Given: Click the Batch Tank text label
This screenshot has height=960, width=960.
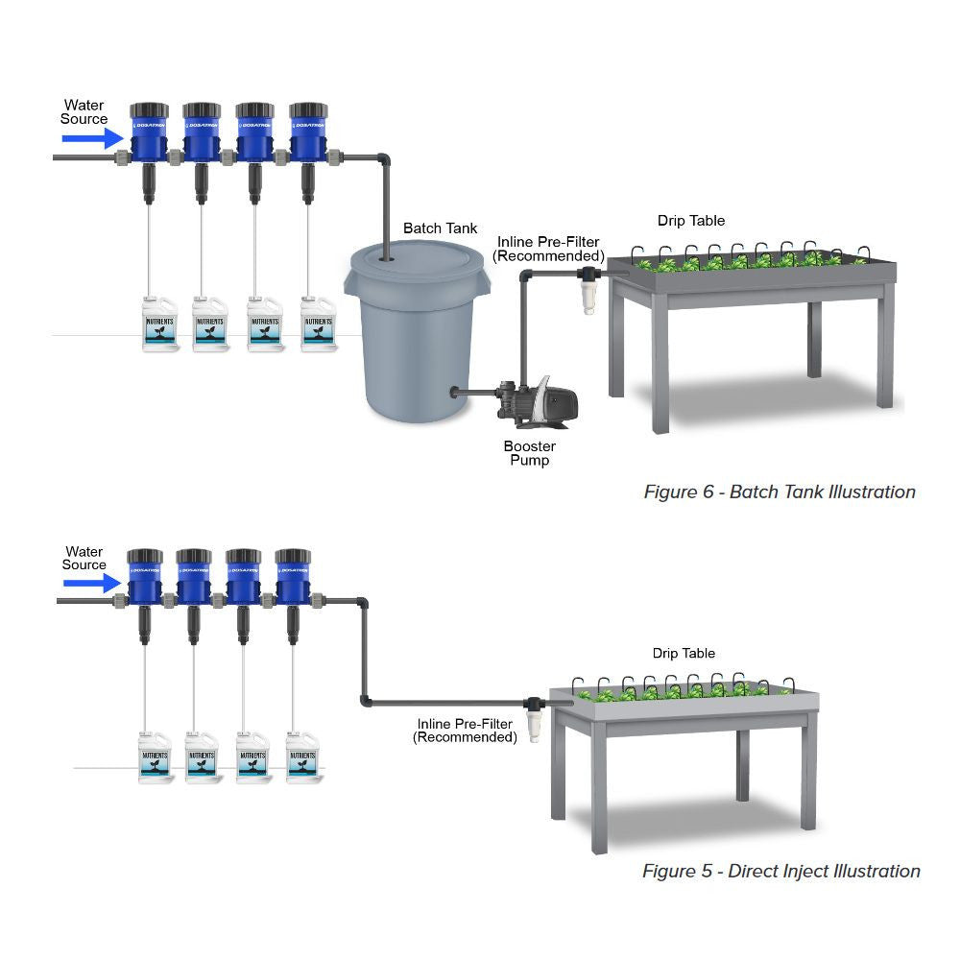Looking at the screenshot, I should click(x=440, y=228).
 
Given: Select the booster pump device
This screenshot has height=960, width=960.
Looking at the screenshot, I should click(x=523, y=398).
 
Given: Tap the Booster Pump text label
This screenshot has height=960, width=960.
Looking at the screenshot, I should click(x=529, y=453).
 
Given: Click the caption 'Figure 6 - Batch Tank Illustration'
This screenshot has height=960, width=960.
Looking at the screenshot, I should click(x=779, y=492).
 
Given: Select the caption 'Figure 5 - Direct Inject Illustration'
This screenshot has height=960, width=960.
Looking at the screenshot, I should click(x=780, y=872).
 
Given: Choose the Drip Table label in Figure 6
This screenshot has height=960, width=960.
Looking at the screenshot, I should click(x=690, y=221).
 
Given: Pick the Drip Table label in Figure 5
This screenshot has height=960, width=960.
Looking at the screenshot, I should click(x=684, y=654).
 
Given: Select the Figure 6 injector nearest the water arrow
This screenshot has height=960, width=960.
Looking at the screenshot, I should click(x=148, y=134).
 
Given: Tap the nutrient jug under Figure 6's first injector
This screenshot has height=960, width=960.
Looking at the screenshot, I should click(x=160, y=324).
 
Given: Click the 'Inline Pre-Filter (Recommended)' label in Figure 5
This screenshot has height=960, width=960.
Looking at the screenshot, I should click(x=465, y=731).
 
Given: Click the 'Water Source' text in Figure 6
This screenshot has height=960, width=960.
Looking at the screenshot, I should click(x=84, y=112).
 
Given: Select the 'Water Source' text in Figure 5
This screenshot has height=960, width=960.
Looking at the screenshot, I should click(x=84, y=559).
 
